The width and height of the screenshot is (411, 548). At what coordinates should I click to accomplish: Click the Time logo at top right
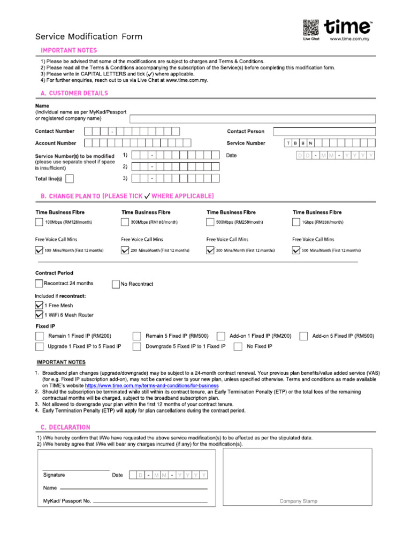[x=349, y=27]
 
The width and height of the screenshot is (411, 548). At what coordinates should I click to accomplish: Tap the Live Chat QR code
[x=310, y=27]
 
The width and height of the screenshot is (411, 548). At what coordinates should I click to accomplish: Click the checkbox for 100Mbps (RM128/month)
[x=39, y=222]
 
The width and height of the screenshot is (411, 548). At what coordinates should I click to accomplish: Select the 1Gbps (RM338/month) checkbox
[x=296, y=222]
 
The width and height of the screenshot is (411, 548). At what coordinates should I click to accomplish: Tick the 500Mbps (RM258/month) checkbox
[x=210, y=222]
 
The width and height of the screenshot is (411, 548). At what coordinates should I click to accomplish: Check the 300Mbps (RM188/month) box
[x=125, y=222]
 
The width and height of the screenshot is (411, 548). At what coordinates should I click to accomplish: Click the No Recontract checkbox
[x=116, y=284]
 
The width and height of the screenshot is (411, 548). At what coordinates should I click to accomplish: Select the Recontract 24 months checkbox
[x=39, y=284]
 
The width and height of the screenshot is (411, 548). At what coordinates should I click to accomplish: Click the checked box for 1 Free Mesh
[x=39, y=305]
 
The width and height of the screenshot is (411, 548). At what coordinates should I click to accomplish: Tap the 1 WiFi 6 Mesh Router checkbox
[x=39, y=315]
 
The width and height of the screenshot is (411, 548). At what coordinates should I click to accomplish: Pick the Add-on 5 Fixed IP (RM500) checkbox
[x=303, y=336]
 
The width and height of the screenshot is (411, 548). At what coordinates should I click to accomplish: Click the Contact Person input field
[x=324, y=131]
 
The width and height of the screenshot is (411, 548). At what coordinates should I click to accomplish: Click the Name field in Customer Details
[x=252, y=119]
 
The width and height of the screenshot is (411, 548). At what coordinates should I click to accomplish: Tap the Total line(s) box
[x=70, y=179]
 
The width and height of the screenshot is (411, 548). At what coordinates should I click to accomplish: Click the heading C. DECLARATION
[x=65, y=427]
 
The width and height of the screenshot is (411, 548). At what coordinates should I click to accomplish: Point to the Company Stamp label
[x=298, y=501]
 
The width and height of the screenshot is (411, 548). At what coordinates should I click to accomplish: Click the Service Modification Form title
[x=89, y=37]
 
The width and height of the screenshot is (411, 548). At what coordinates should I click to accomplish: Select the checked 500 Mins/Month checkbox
[x=296, y=250]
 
